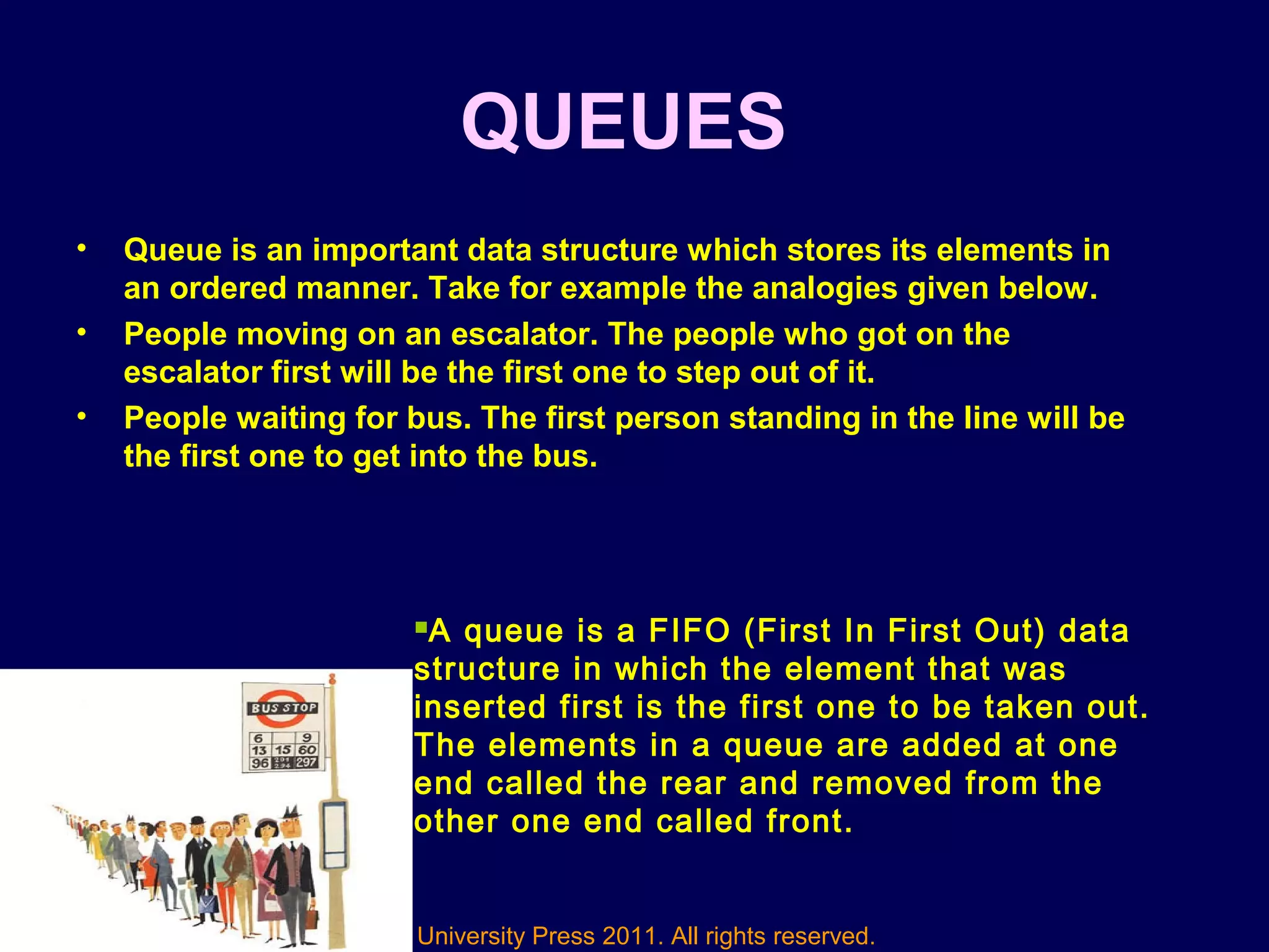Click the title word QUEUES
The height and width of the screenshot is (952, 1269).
coord(623,122)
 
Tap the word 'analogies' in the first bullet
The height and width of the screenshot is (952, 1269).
coord(825,289)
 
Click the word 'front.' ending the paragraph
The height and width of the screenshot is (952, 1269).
coord(809,822)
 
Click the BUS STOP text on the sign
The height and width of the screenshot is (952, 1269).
coord(284,708)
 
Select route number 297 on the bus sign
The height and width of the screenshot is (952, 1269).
coord(306,762)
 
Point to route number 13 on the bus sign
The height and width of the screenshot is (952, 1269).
coord(259,750)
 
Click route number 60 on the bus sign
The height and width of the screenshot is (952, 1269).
coord(307,750)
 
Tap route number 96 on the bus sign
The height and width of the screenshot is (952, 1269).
coord(260,762)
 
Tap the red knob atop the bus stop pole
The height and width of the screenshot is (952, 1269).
coord(332,677)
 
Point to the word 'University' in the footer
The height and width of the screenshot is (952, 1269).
coord(471,936)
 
